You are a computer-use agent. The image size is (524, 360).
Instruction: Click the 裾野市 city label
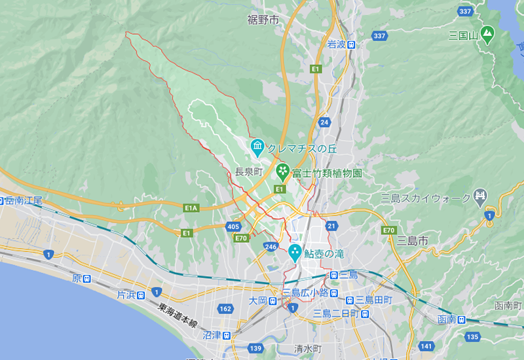click(263, 20)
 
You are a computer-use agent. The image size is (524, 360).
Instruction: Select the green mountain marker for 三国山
click(487, 33)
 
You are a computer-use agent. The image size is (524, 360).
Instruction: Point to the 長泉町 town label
click(249, 171)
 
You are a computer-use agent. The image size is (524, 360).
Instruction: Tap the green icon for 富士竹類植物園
click(282, 173)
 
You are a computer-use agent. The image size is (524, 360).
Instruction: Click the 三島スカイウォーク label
click(426, 198)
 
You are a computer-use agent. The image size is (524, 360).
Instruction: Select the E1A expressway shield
click(191, 208)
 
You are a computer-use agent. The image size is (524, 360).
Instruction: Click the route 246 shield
click(271, 247)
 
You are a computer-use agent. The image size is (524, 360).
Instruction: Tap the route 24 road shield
click(324, 122)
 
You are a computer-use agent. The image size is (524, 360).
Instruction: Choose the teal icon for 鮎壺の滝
click(295, 253)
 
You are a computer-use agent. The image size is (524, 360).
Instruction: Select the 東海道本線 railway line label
click(178, 315)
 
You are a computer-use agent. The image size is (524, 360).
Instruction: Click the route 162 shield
click(226, 309)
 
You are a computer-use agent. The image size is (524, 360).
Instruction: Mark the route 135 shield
click(472, 336)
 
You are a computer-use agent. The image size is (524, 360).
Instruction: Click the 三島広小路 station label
click(305, 293)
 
